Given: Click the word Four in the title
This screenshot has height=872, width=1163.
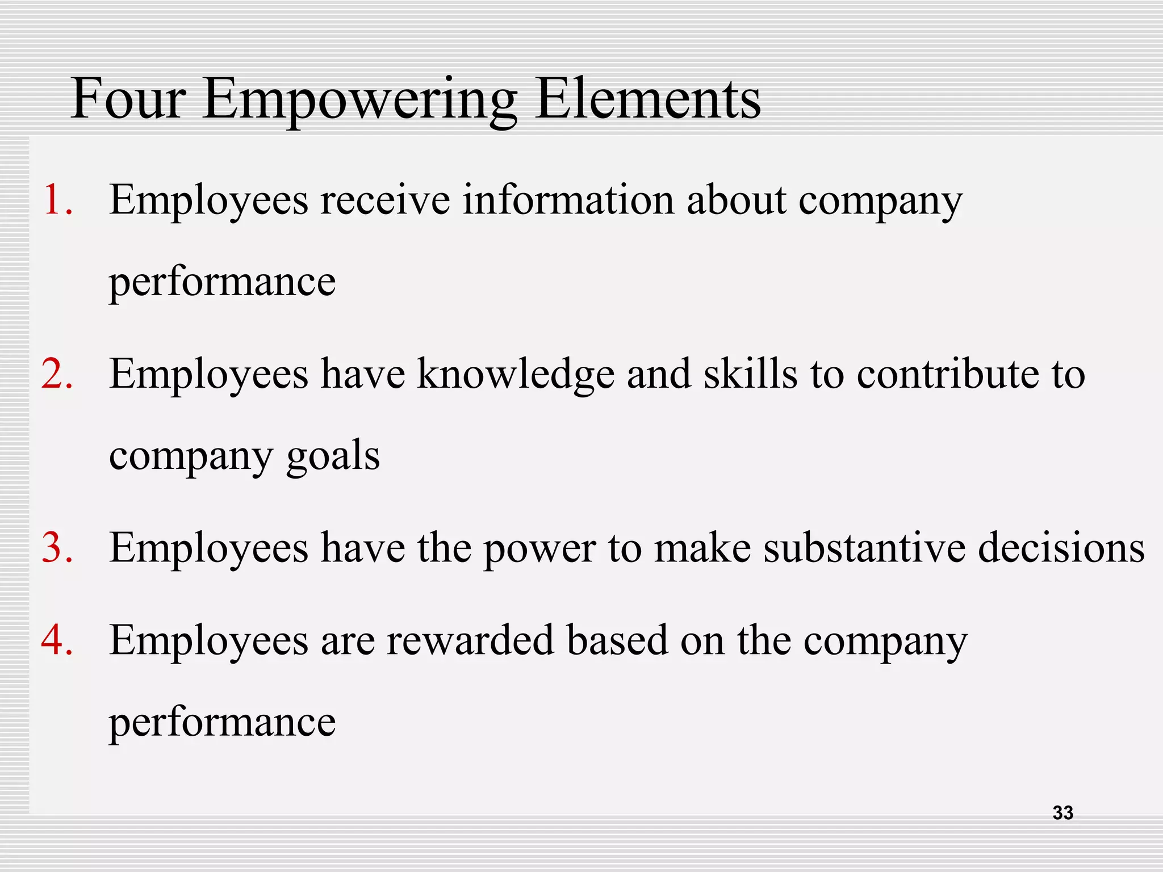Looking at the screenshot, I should click(128, 99).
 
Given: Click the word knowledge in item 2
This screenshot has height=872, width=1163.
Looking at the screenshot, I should click(516, 375).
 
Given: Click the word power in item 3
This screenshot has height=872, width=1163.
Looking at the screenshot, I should click(539, 550).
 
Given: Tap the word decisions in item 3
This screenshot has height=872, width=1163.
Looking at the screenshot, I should click(1061, 548).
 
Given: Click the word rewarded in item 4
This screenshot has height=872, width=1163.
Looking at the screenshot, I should click(470, 640).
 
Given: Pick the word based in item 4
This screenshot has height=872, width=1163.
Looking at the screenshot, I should click(617, 640).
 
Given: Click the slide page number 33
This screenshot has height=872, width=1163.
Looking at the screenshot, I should click(1062, 812).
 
